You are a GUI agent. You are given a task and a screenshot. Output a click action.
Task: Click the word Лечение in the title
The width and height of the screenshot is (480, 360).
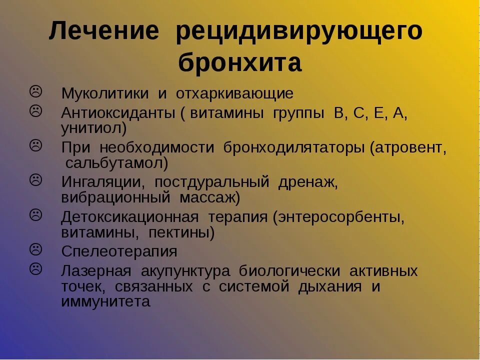104,32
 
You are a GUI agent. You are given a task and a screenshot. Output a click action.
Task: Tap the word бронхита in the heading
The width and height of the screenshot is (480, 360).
240,63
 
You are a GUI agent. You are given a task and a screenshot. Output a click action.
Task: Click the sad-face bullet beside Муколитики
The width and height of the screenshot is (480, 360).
36,91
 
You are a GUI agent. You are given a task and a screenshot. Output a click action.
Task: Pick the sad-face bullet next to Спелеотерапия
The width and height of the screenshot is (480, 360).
36,248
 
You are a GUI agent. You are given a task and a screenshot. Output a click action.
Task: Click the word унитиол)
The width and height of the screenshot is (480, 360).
94,128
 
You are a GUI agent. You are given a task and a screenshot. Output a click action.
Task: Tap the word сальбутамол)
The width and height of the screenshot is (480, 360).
116,163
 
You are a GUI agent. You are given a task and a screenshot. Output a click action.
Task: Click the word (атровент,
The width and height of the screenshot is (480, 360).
408,147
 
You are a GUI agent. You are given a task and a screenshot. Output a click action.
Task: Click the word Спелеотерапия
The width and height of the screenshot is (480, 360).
119,251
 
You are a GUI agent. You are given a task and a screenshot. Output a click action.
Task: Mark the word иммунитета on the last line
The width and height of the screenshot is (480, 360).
105,302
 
